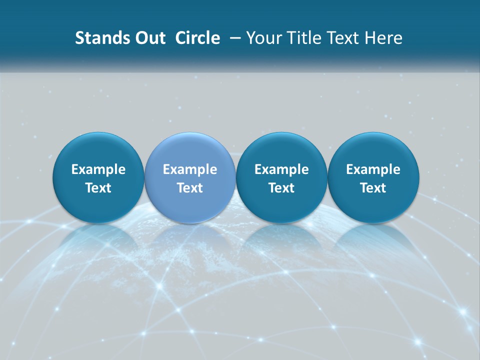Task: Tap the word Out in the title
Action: pos(150,38)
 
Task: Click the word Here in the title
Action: pos(383,38)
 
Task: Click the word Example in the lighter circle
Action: pos(190,169)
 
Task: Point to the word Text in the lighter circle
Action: pos(190,188)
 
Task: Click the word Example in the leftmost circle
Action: pos(98,169)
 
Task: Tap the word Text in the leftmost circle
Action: pos(98,188)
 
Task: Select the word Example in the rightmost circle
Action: pos(373,169)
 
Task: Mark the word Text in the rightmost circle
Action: pos(373,188)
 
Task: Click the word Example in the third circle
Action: pos(281,169)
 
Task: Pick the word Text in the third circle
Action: pos(281,188)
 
